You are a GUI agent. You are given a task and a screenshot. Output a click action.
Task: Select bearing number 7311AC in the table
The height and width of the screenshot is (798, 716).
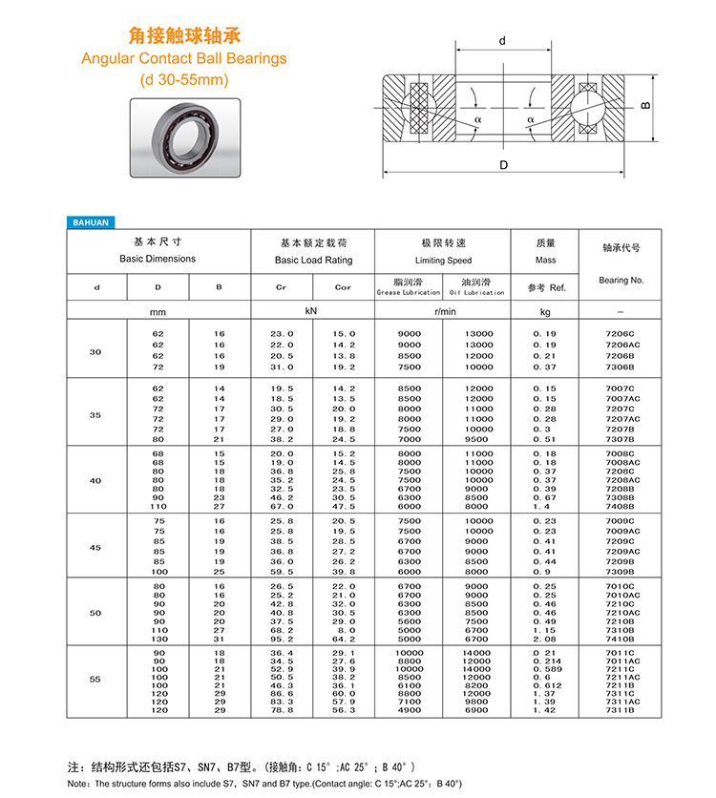[621, 702]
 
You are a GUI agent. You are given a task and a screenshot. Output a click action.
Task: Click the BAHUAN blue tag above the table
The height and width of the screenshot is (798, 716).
[92, 222]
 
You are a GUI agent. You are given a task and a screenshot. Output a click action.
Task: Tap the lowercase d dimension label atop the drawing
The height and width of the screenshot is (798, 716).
[501, 41]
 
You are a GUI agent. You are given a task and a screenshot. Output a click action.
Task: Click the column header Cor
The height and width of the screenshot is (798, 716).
[343, 287]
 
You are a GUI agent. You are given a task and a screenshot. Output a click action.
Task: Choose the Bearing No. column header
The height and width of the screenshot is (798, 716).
[621, 281]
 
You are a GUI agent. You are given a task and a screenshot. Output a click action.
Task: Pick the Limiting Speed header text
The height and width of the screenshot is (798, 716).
[444, 260]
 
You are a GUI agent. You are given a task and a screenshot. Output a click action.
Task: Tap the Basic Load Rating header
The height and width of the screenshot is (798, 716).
[313, 260]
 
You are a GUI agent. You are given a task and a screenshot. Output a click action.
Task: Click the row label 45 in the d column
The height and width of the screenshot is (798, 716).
[95, 547]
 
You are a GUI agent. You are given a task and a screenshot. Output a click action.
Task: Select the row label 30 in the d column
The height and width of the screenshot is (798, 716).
[95, 352]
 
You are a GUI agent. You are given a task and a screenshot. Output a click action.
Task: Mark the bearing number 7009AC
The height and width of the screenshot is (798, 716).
[621, 532]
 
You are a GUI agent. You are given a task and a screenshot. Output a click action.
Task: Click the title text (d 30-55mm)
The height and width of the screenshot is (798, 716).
[184, 80]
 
